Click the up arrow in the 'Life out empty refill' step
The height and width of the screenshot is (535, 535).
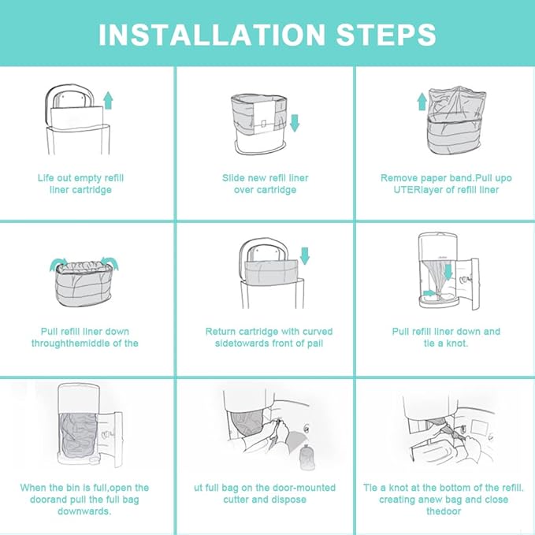108,100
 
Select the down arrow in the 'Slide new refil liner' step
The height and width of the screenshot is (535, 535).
295,124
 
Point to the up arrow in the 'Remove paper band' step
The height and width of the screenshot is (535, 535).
422,101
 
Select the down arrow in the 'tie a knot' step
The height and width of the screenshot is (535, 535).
448,271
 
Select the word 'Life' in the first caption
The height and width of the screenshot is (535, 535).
47,178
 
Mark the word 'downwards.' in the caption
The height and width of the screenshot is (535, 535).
84,511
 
